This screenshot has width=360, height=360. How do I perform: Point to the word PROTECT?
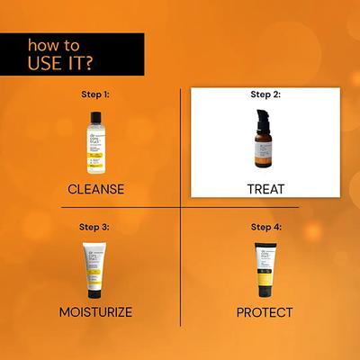tap(265, 311)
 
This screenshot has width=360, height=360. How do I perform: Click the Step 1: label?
tap(94, 93)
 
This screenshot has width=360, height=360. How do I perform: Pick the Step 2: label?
tap(265, 93)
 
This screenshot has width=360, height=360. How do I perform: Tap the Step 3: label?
tap(94, 227)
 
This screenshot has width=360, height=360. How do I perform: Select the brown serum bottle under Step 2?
tap(265, 148)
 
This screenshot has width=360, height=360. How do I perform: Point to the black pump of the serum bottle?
tap(264, 121)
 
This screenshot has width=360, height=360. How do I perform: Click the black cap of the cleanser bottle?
tap(95, 113)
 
